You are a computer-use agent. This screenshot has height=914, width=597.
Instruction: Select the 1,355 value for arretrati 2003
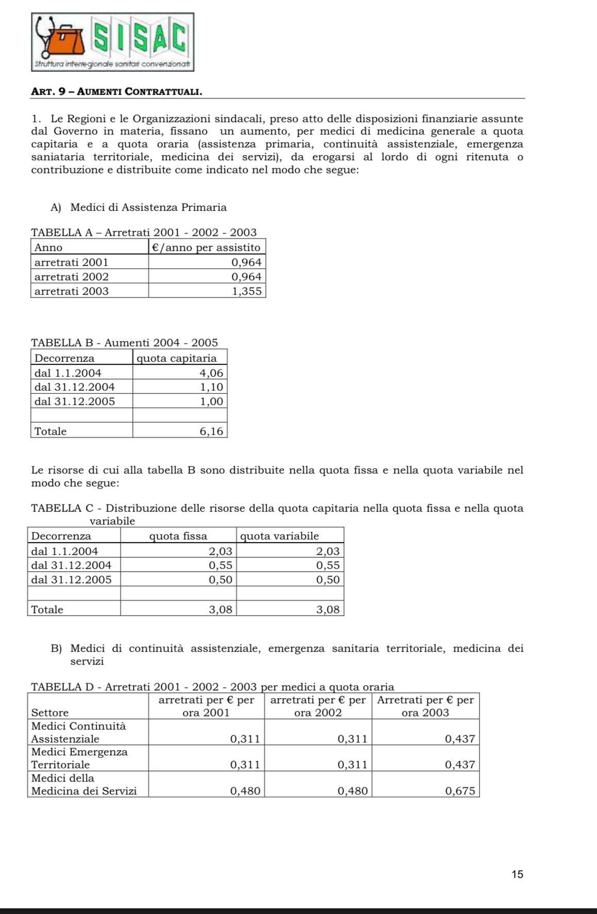pos(247,291)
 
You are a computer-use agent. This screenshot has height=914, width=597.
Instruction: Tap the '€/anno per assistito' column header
pos(207,247)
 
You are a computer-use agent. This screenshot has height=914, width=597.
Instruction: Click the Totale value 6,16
pos(212,431)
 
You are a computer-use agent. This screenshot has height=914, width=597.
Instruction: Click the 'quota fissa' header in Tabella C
pos(178,536)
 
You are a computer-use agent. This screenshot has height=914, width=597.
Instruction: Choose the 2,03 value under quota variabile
pos(328,551)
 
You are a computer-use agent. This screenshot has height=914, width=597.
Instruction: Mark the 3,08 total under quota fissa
pos(220,610)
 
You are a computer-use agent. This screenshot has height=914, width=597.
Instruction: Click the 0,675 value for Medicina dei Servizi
pos(459,791)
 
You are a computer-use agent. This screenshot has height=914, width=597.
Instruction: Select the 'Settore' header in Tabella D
pos(50,713)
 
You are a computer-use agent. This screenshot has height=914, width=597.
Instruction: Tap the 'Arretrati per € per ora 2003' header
pos(425,706)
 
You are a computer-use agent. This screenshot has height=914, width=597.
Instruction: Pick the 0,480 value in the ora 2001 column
pos(245,791)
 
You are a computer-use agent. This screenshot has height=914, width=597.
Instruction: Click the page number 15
pos(517,874)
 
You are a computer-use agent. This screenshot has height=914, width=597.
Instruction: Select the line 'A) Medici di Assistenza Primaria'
pos(139,208)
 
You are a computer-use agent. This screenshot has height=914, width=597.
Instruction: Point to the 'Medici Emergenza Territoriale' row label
pos(79,758)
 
